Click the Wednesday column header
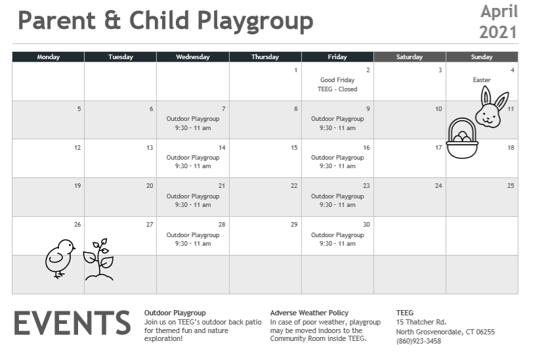(193, 57)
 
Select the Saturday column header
(410, 57)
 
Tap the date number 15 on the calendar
(294, 147)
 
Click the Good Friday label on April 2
(337, 80)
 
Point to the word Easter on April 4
(481, 80)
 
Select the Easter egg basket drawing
(462, 138)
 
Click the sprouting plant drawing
(99, 259)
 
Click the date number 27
(150, 224)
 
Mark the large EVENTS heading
(72, 323)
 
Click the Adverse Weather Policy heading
(309, 313)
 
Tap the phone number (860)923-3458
(418, 341)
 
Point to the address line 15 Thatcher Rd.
(421, 322)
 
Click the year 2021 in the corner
(498, 32)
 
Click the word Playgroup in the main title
(255, 21)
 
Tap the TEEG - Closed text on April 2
(337, 89)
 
